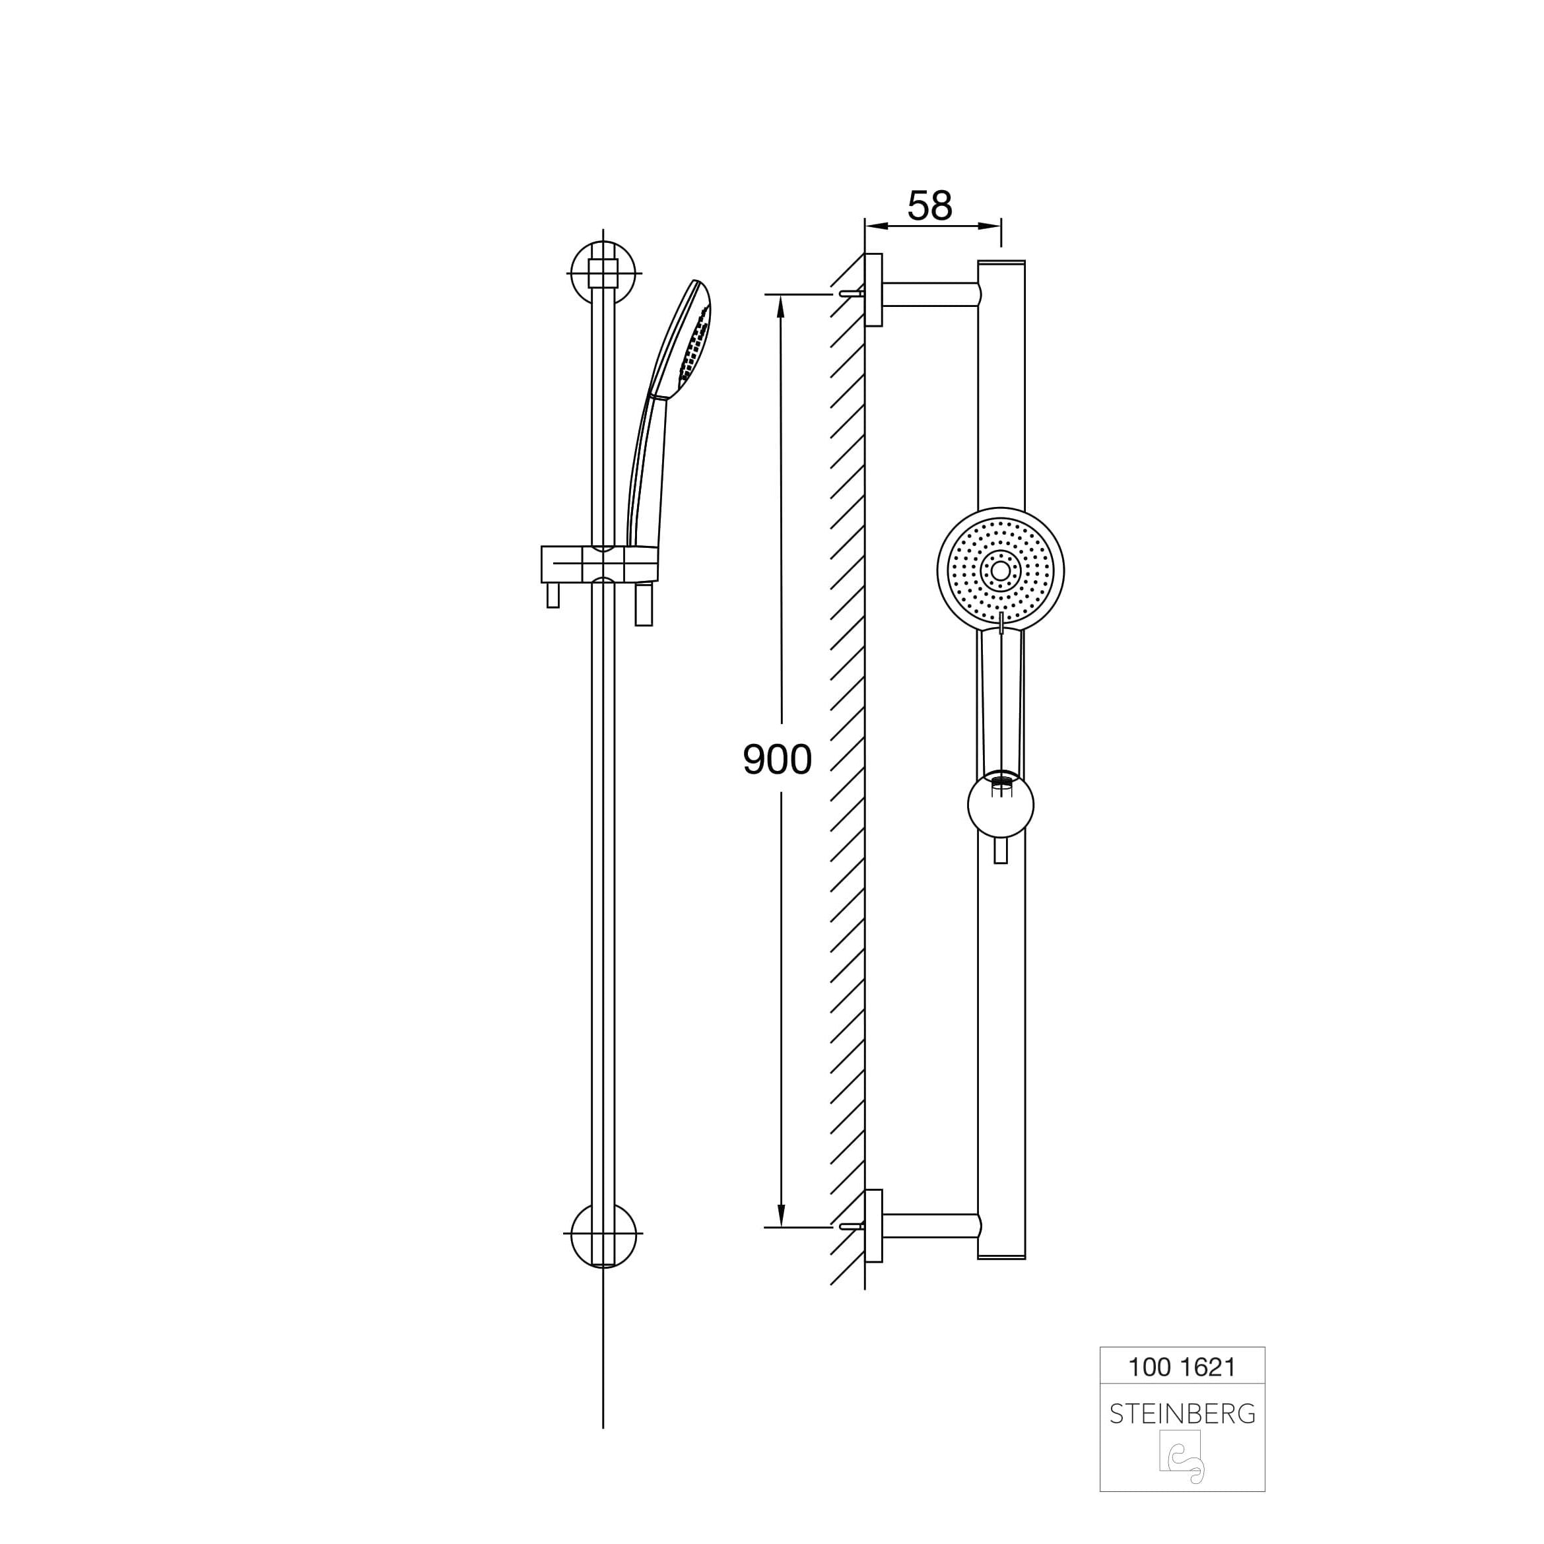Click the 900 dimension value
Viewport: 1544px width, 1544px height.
tap(777, 759)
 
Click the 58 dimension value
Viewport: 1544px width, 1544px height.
tap(930, 206)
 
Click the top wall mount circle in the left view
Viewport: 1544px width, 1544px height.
tap(604, 273)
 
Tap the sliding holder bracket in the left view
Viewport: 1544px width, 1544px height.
tap(599, 564)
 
